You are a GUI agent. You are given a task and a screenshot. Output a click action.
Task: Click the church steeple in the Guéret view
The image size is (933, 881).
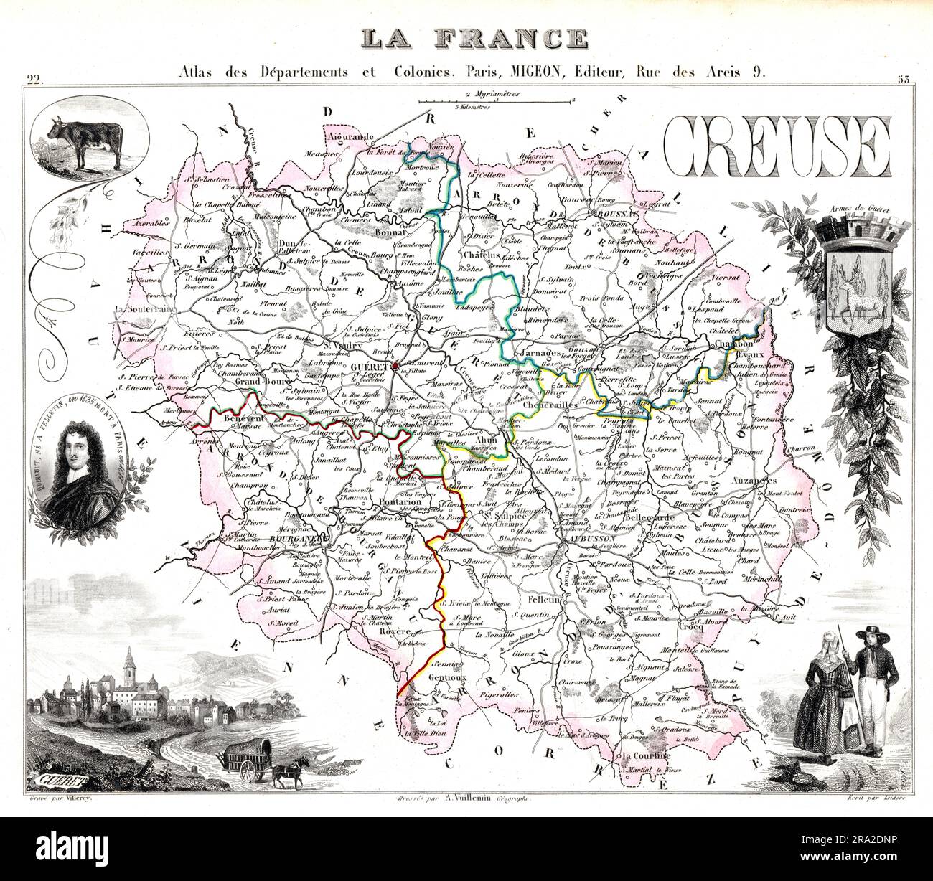tap(129, 664)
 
